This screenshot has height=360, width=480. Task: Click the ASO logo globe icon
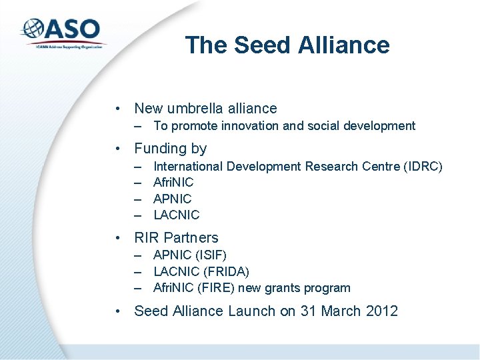33,29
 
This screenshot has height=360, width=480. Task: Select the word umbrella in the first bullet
197,108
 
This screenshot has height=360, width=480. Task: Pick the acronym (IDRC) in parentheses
423,166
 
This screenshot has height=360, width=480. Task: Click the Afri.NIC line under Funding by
173,182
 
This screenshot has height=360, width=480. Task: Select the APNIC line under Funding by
172,199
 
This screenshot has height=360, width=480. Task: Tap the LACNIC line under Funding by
176,215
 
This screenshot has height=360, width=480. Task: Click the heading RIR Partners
176,238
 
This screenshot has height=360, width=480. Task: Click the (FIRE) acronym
215,288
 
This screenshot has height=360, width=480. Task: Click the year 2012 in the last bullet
380,311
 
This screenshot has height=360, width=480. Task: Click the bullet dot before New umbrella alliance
117,108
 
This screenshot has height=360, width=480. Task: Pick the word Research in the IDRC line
331,166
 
